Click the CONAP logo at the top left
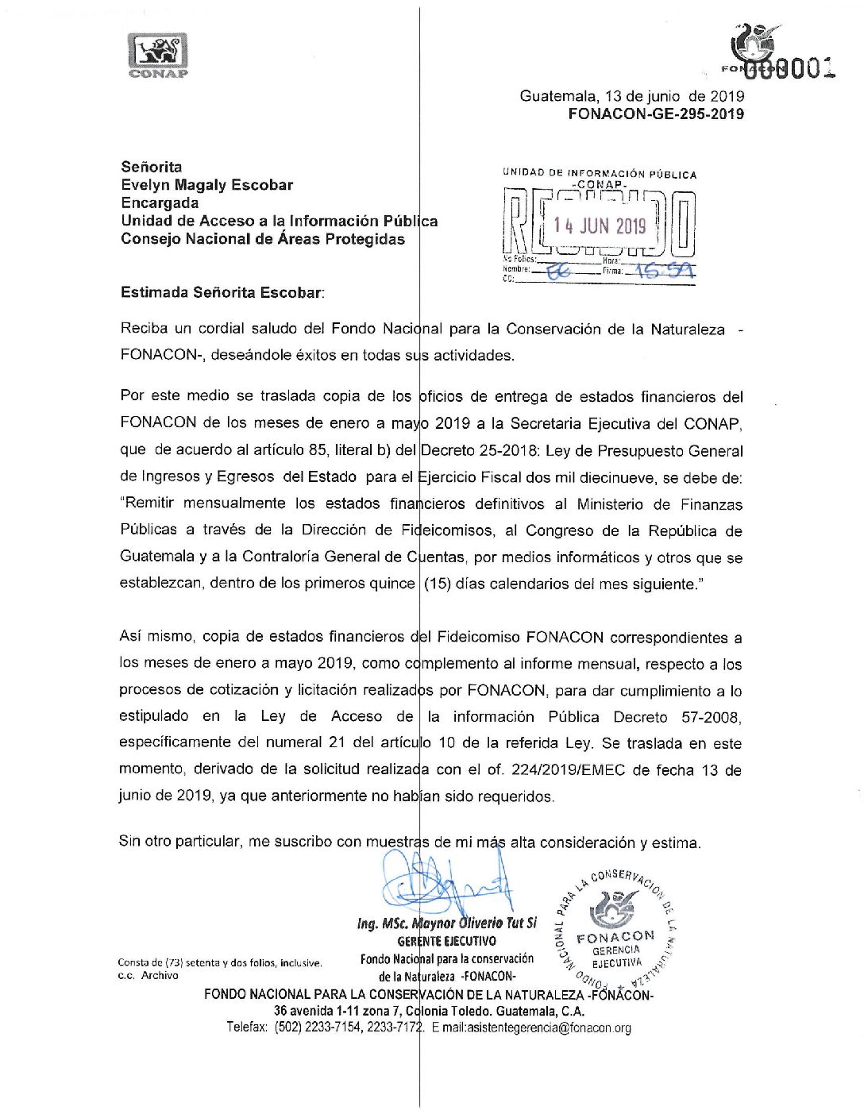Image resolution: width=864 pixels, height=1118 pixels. tap(158, 55)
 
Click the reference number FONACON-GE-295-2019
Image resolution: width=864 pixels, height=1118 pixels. tap(656, 114)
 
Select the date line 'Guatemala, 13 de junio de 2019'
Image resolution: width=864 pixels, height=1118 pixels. tap(632, 96)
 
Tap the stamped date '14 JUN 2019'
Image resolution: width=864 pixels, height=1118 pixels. tap(600, 226)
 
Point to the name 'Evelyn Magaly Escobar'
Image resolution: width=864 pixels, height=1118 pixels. tap(206, 185)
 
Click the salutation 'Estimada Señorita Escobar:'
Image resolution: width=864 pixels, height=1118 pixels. tap(222, 292)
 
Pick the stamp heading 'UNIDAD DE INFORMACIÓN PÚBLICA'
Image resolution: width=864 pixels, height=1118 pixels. tap(600, 173)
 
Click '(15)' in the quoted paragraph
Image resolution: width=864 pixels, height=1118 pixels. tap(438, 584)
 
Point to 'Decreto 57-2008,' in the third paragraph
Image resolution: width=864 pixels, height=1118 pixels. tap(677, 717)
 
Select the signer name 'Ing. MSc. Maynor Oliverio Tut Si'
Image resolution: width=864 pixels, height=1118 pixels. tap(446, 923)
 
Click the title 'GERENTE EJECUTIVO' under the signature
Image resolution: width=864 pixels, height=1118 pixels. tap(446, 942)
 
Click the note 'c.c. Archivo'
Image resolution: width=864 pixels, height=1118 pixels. tap(148, 976)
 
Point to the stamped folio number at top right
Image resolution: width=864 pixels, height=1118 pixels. tap(794, 69)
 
